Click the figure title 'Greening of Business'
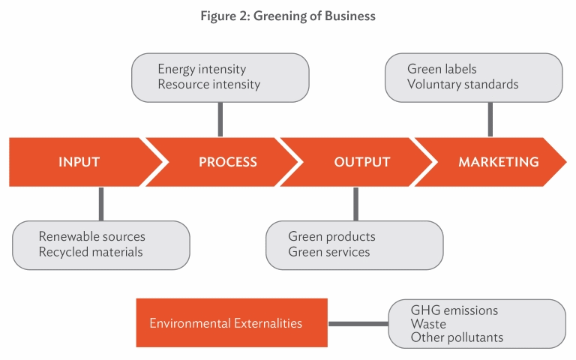click(314, 16)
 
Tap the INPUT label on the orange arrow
click(79, 162)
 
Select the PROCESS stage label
click(228, 162)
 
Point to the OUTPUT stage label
click(361, 162)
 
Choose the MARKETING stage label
click(499, 162)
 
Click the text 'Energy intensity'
click(202, 69)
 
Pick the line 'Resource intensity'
click(209, 85)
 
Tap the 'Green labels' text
click(442, 69)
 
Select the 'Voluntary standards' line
click(463, 85)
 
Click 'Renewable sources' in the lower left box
click(91, 236)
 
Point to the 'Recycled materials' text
click(91, 252)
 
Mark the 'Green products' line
click(331, 236)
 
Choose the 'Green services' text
click(329, 252)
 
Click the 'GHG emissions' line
click(454, 310)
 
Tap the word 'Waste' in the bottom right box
click(428, 324)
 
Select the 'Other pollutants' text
click(457, 337)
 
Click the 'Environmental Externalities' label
click(226, 323)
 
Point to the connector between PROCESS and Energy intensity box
click(220, 119)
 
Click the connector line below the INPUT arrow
click(101, 204)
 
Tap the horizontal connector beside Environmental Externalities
click(358, 324)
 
